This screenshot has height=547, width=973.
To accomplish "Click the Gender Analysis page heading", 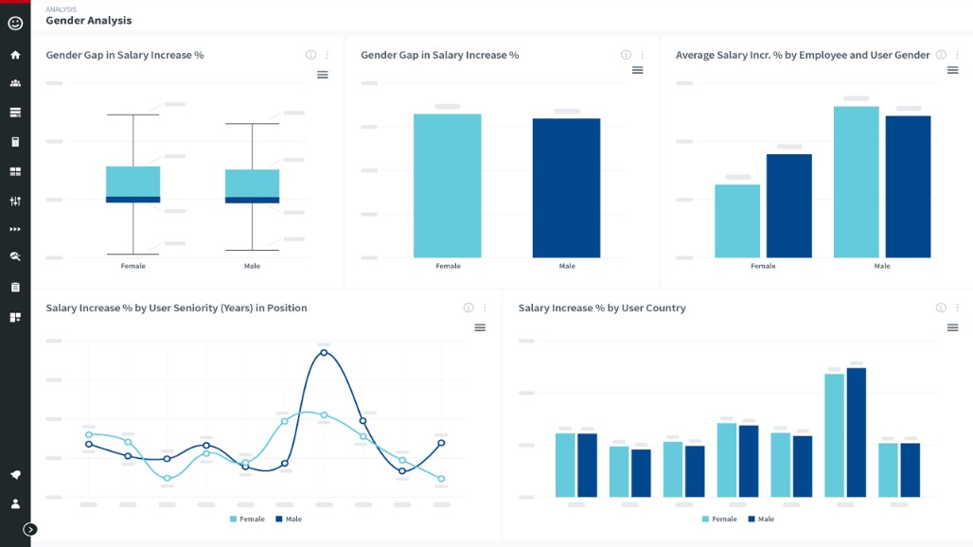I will (89, 21).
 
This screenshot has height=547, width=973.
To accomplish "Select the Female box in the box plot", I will (133, 184).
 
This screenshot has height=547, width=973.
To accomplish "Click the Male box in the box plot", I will (252, 185).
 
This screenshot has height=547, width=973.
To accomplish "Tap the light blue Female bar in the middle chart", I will (448, 185).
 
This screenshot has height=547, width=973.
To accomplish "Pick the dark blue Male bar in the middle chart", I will (566, 187).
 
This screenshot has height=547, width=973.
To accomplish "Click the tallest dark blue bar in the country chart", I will (857, 432).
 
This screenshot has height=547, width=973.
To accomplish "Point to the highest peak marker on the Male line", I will (324, 352).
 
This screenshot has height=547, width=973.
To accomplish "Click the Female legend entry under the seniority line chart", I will (247, 519).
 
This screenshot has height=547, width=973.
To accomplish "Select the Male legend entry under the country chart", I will (761, 519).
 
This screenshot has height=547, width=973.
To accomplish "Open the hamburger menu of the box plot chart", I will (323, 75).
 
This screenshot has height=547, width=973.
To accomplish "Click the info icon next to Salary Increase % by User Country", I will (941, 308).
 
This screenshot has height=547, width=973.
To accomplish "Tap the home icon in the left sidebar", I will (15, 55).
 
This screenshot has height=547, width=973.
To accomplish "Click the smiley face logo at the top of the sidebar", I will (15, 23).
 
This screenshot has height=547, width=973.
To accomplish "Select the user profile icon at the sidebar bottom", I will (15, 503).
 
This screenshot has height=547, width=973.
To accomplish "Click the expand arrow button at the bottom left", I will (30, 529).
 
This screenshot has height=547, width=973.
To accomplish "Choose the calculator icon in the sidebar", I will (15, 142).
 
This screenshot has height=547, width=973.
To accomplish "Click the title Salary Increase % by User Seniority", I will (176, 308).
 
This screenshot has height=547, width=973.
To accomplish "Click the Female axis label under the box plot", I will (133, 266).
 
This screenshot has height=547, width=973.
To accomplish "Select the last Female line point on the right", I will (441, 479).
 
